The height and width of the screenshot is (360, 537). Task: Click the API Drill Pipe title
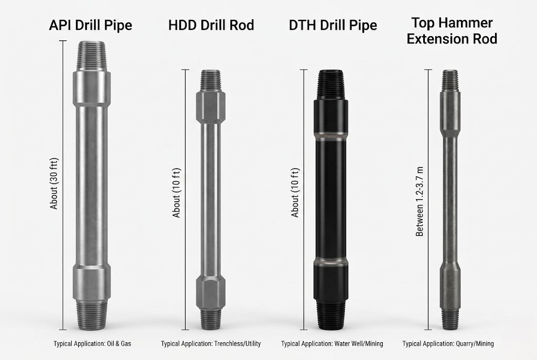tap(90, 25)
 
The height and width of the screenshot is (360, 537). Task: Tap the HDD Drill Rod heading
tap(211, 25)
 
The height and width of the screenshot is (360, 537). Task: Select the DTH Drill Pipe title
tap(332, 25)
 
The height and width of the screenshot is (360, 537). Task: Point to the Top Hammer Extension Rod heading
tap(452, 30)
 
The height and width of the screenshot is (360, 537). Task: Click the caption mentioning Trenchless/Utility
tap(211, 344)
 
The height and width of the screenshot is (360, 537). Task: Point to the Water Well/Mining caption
tap(332, 344)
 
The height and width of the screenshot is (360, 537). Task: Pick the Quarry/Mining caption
tap(448, 344)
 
